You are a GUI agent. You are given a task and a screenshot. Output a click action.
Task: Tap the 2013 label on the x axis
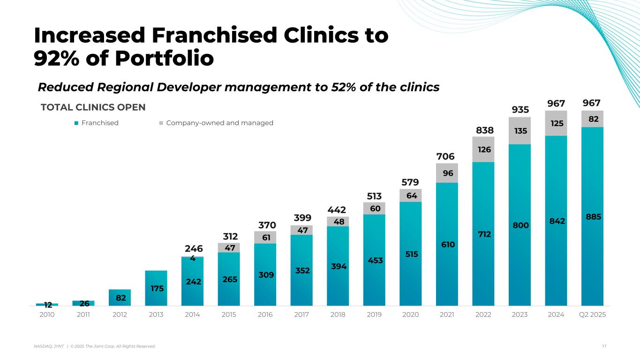click(x=156, y=315)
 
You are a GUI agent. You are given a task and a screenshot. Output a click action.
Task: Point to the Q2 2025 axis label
click(x=592, y=315)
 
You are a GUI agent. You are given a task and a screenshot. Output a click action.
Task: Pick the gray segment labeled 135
click(x=520, y=130)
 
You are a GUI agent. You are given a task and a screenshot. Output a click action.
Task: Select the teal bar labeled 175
click(x=156, y=288)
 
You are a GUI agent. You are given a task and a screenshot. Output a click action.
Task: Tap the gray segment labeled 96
click(x=447, y=173)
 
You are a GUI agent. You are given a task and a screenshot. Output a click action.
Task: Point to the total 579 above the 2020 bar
click(x=410, y=182)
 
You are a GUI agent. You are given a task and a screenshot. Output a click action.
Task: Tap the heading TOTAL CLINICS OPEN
click(x=93, y=107)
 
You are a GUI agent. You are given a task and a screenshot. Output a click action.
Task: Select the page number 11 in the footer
click(x=604, y=346)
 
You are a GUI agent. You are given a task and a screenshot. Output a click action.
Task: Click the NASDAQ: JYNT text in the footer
click(x=48, y=346)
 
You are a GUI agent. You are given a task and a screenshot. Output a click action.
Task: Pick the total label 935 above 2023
click(x=520, y=110)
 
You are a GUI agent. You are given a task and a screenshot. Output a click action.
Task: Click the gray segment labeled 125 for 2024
click(x=556, y=123)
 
